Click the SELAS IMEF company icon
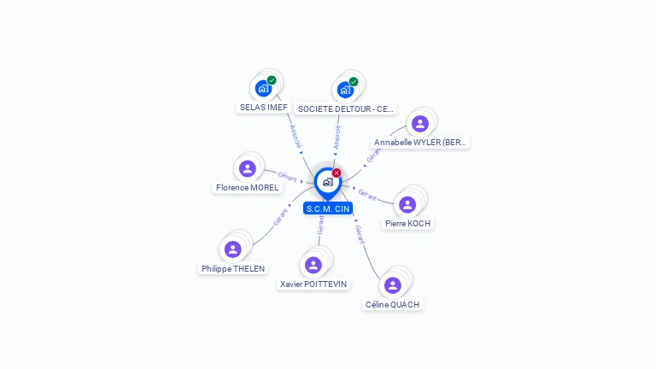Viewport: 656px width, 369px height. pyautogui.click(x=263, y=88)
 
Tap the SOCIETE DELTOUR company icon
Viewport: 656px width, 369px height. pyautogui.click(x=345, y=89)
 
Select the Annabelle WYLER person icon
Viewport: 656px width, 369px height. pyautogui.click(x=419, y=124)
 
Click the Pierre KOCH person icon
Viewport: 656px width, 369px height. pyautogui.click(x=407, y=205)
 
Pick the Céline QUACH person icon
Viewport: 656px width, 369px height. pyautogui.click(x=393, y=285)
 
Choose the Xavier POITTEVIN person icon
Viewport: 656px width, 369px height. pyautogui.click(x=313, y=265)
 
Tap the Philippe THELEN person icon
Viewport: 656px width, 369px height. pyautogui.click(x=232, y=249)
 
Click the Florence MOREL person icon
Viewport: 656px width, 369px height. pyautogui.click(x=248, y=168)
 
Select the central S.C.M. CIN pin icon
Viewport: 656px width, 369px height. pyautogui.click(x=327, y=182)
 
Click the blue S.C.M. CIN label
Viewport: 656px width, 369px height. pyautogui.click(x=328, y=208)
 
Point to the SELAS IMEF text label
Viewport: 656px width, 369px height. pyautogui.click(x=263, y=108)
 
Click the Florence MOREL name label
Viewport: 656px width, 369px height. pyautogui.click(x=248, y=187)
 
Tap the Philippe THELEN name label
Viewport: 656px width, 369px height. pyautogui.click(x=233, y=268)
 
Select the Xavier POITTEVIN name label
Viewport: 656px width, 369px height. pyautogui.click(x=314, y=284)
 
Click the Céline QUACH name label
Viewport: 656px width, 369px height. pyautogui.click(x=393, y=304)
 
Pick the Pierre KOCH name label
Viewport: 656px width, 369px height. pyautogui.click(x=407, y=224)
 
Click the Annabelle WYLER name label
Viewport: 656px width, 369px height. pyautogui.click(x=421, y=143)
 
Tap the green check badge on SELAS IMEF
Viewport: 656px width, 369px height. pyautogui.click(x=272, y=80)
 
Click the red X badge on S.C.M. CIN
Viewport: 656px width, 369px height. pyautogui.click(x=337, y=173)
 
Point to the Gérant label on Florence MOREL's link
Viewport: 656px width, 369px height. pyautogui.click(x=287, y=177)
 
